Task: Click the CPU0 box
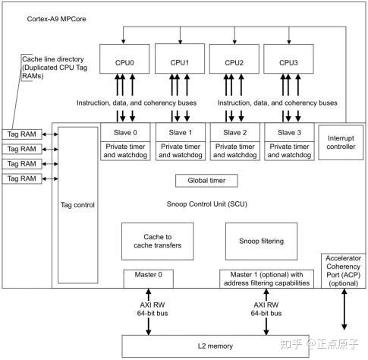pos(125,62)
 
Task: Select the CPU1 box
pos(180,62)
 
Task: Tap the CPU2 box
pos(234,62)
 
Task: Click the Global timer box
pos(207,181)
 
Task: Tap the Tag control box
pos(77,204)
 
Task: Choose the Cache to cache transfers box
pos(158,240)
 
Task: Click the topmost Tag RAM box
pos(21,134)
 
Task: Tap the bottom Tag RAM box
pos(21,178)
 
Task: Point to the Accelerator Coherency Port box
pos(344,270)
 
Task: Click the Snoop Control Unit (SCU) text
pos(207,204)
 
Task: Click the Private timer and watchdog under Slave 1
pos(180,150)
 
